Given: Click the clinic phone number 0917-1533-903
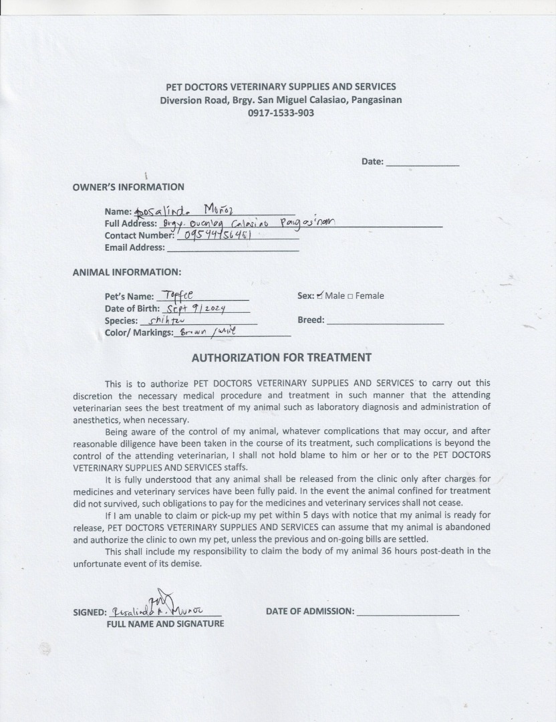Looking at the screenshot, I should (281, 113).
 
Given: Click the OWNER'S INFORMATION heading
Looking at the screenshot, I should (128, 187).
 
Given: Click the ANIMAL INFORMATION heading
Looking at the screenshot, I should (126, 272).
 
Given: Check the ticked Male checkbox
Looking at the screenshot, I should (320, 295).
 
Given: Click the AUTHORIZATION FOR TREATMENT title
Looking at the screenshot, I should (281, 358).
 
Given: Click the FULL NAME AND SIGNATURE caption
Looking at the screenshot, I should (165, 624).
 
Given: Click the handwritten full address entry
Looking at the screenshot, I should (247, 223).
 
